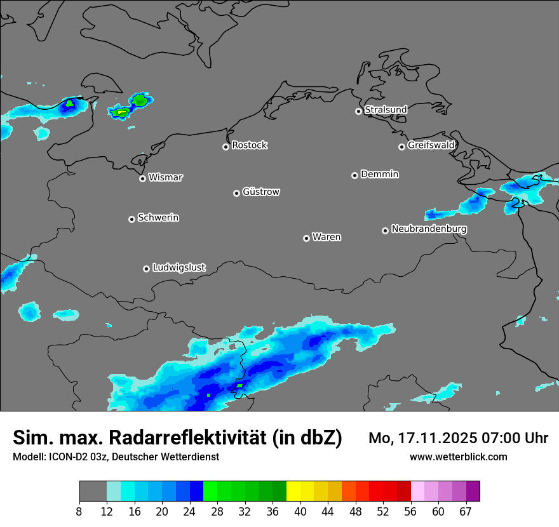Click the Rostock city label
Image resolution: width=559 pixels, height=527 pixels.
click(250, 145)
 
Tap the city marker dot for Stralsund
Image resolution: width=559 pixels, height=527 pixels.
click(358, 111)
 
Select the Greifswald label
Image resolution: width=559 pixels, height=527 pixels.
click(431, 145)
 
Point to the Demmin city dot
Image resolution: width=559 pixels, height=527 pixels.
click(354, 175)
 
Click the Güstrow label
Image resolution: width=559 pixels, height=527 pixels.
click(261, 192)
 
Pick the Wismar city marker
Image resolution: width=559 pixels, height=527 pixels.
click(142, 178)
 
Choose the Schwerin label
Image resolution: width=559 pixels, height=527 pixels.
click(158, 218)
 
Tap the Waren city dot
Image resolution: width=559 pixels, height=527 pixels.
click(306, 238)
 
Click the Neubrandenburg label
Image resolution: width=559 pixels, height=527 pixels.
click(429, 229)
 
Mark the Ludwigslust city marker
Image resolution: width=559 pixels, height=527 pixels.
click(146, 269)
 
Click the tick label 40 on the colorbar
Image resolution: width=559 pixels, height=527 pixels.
click(300, 511)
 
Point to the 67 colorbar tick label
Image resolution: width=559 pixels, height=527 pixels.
click(466, 511)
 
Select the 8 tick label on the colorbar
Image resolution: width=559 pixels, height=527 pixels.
click(79, 511)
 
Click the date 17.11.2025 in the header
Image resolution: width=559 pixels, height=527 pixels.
click(438, 438)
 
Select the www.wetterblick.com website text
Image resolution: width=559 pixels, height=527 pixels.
click(458, 457)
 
